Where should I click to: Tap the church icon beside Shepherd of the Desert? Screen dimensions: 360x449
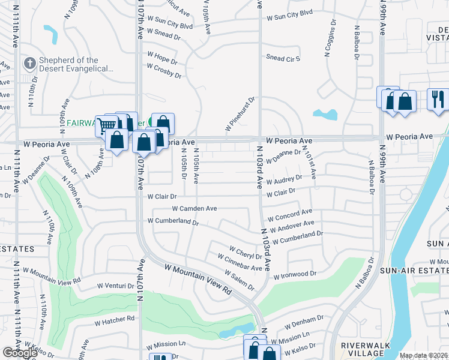[x=29, y=63]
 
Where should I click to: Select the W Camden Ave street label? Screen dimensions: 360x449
[x=194, y=208]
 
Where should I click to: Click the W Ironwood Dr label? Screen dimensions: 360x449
[x=295, y=275]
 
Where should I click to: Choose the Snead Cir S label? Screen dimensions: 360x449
[x=284, y=58]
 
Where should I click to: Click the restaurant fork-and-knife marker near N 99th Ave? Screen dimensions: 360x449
[x=438, y=98]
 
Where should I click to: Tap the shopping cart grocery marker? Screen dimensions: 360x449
[x=106, y=125]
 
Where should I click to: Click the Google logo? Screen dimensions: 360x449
[x=20, y=353]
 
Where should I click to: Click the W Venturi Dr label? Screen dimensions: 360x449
[x=116, y=286]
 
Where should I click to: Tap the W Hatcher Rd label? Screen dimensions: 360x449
[x=114, y=321]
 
